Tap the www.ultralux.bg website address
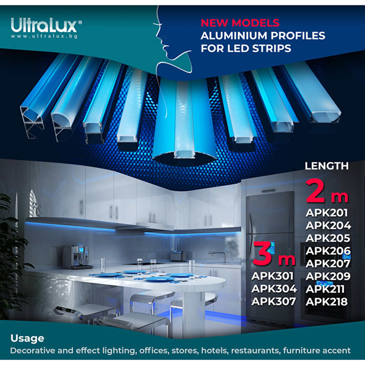tap(44, 36)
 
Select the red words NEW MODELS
tap(240, 23)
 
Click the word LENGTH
tap(327, 166)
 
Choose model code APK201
tap(327, 213)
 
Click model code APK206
tap(328, 251)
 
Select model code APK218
tap(327, 302)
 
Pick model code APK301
tap(272, 276)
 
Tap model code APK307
tap(274, 302)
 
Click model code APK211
tap(325, 289)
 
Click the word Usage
tap(27, 338)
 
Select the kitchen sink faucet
tap(218, 256)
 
